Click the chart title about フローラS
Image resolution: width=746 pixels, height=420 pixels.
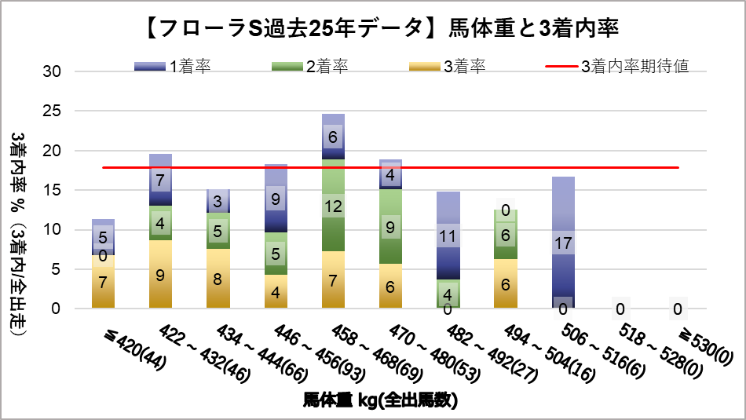coord(373,29)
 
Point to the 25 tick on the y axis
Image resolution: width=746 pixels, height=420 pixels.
coord(51,111)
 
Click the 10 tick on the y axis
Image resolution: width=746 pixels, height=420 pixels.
coord(51,229)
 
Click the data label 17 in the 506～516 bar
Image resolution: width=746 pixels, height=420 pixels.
coord(563,243)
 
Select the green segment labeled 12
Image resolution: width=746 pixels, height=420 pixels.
coord(333,206)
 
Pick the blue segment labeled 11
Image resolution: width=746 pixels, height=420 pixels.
coord(448,236)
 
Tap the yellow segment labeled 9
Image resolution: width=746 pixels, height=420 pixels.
coord(161,274)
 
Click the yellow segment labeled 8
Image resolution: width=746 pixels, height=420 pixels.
coord(218,278)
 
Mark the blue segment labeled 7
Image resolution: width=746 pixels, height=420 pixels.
coord(161,180)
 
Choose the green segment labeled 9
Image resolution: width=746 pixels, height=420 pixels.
coord(390,226)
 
